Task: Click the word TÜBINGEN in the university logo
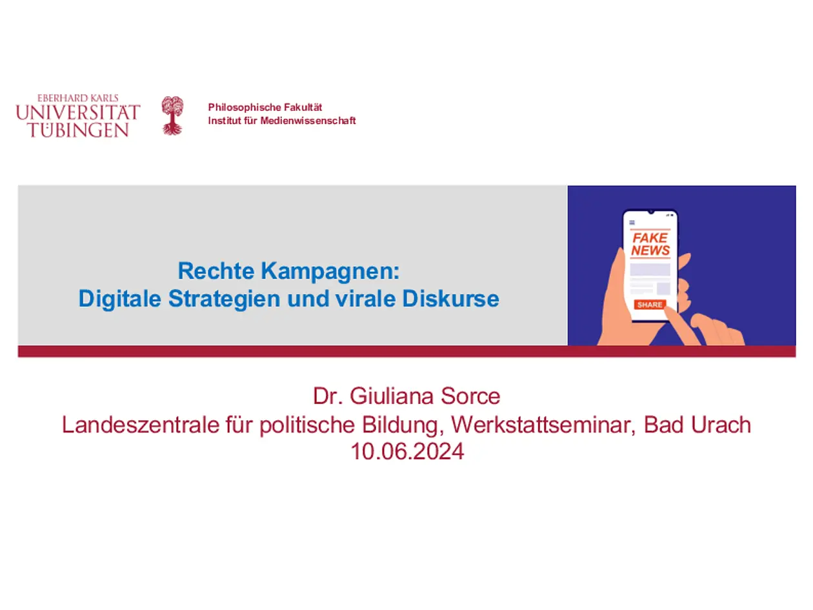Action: tap(79, 130)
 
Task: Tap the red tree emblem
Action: tap(172, 115)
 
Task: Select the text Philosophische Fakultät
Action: tap(265, 107)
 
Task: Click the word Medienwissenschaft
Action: tap(308, 121)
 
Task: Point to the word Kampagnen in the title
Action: tap(330, 272)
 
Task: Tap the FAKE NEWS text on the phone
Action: tap(650, 244)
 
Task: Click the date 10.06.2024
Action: tap(406, 451)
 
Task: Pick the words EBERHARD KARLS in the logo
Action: tap(78, 98)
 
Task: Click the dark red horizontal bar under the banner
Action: tap(406, 351)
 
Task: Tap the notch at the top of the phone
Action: tap(651, 212)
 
